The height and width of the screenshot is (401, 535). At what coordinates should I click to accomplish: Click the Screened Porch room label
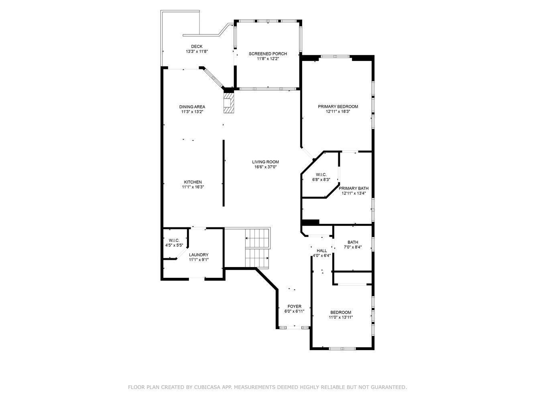click(x=268, y=54)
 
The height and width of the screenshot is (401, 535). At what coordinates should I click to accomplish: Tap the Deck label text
click(x=197, y=47)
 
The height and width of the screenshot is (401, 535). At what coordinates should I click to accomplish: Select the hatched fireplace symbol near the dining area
click(x=228, y=103)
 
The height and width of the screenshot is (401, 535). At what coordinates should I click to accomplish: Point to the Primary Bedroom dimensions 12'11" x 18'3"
click(x=338, y=112)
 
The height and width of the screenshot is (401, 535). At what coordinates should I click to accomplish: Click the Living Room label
click(x=265, y=162)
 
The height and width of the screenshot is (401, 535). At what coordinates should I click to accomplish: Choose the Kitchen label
click(x=193, y=182)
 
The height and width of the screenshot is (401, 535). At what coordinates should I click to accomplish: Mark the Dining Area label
click(x=192, y=107)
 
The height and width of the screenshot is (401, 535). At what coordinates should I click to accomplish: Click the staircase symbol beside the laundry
click(x=257, y=247)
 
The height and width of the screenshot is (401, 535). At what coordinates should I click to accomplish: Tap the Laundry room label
click(x=199, y=255)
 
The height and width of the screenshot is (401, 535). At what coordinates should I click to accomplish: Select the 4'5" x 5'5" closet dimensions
click(x=174, y=245)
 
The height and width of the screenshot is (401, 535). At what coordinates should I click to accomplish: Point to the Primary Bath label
click(x=354, y=188)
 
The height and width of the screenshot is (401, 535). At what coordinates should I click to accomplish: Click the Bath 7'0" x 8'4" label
click(x=353, y=242)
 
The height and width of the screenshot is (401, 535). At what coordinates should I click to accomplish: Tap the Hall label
click(x=322, y=251)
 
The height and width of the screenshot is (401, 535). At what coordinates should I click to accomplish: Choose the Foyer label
click(x=295, y=306)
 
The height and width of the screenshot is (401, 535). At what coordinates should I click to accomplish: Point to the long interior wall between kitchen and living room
click(x=224, y=173)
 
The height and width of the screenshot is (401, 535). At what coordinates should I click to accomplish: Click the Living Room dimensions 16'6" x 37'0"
click(x=265, y=167)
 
